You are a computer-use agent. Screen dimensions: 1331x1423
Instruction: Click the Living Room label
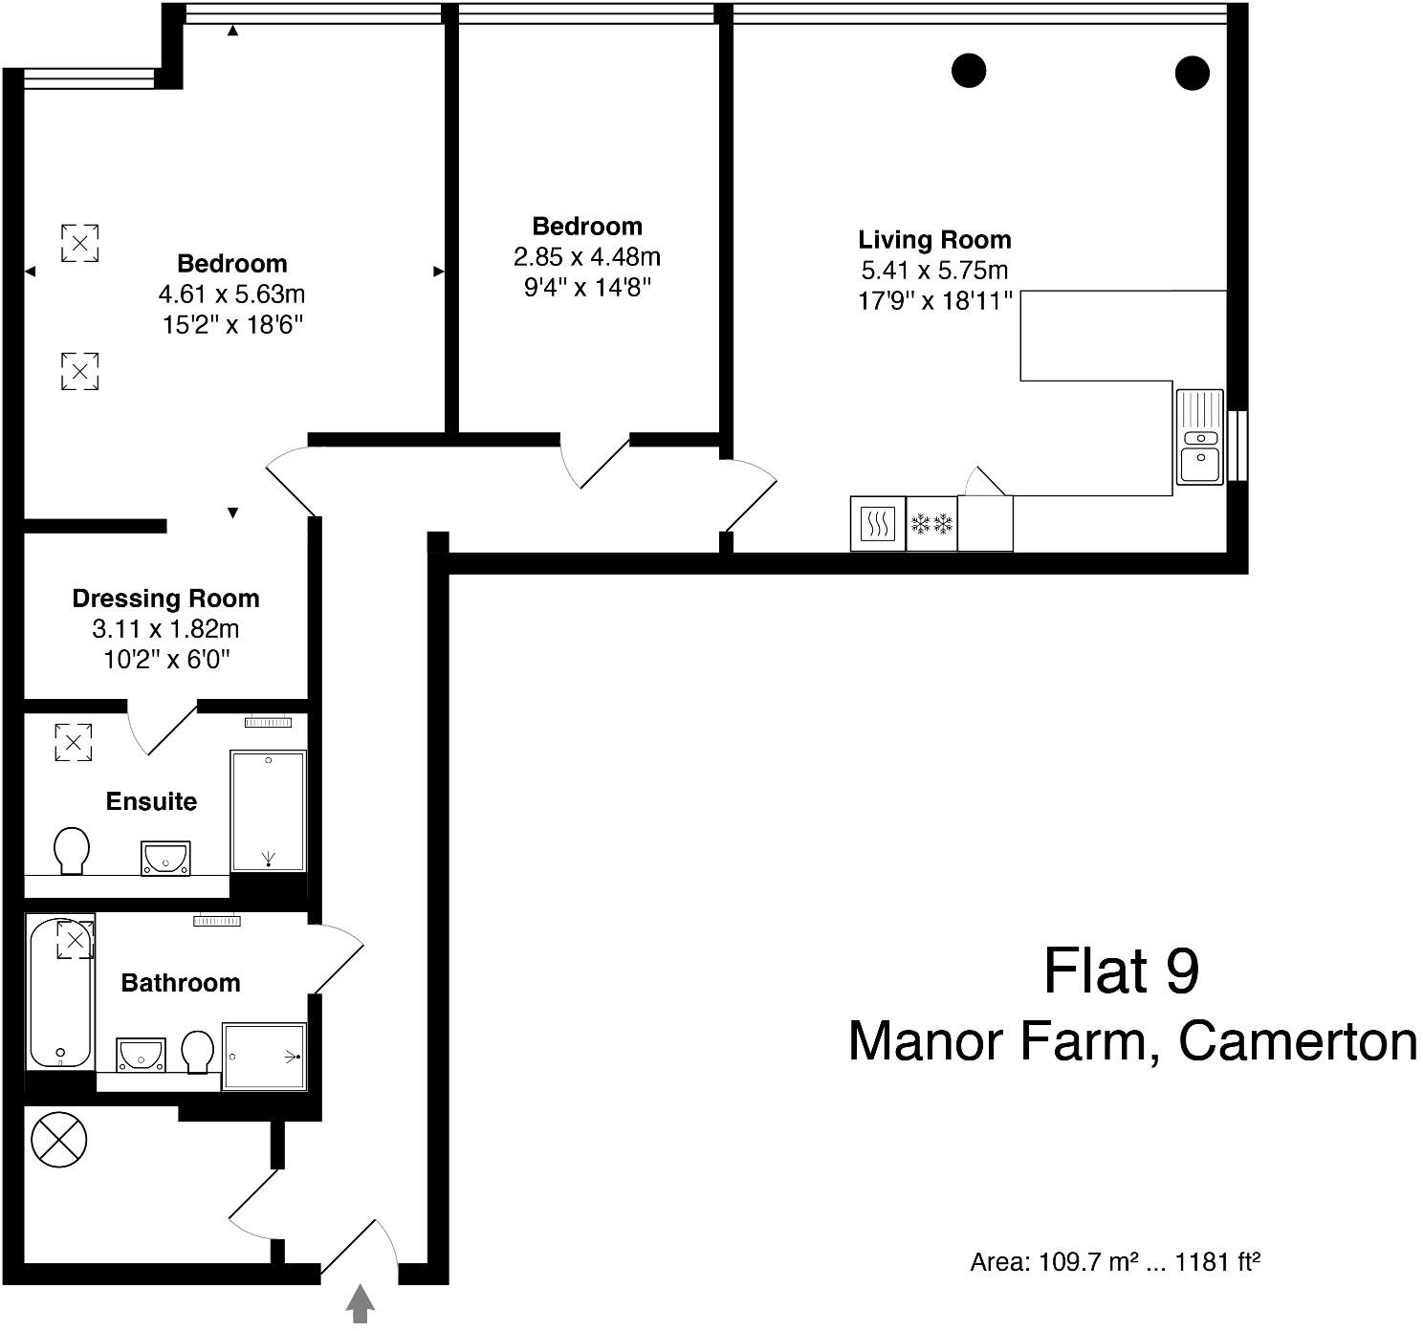point(933,239)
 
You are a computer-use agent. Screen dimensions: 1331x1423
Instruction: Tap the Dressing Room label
point(165,599)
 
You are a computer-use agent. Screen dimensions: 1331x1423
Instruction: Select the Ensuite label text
point(151,801)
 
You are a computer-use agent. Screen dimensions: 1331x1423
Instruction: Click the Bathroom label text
point(180,983)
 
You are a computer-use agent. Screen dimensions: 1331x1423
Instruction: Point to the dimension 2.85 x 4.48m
point(586,257)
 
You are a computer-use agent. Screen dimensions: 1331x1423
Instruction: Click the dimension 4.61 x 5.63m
point(231,295)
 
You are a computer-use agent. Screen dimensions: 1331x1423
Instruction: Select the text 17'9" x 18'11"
point(933,301)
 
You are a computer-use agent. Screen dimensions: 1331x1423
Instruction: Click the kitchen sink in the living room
point(1199,437)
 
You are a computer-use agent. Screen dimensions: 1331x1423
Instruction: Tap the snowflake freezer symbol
point(931,524)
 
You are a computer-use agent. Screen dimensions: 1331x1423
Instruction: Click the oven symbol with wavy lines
point(877,524)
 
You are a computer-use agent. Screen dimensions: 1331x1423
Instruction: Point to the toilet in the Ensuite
point(72,850)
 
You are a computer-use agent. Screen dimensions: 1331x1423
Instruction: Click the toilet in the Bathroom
point(198,1051)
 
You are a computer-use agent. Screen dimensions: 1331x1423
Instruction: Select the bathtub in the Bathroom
point(59,994)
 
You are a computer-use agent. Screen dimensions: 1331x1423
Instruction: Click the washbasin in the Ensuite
point(165,858)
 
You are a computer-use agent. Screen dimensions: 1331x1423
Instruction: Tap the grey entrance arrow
point(360,1304)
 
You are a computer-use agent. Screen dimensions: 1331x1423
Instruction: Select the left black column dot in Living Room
point(968,71)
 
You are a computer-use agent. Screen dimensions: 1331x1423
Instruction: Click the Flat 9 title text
point(1120,971)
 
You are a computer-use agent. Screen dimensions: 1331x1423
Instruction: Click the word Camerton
point(1298,1041)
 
